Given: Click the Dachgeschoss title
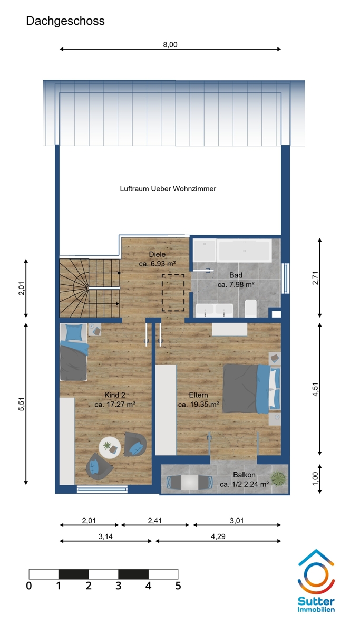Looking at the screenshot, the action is click(x=65, y=21).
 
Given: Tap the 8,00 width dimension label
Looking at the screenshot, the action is click(x=170, y=45).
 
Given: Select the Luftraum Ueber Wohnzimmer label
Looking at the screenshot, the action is click(x=168, y=189).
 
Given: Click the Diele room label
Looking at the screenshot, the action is click(x=157, y=254).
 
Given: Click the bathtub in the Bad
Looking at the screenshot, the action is click(x=244, y=250).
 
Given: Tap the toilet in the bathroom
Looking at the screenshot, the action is click(x=250, y=309).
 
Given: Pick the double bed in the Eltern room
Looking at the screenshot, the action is click(x=251, y=389).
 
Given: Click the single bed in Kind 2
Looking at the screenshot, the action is click(x=73, y=352).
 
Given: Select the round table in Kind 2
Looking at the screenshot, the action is click(x=110, y=447).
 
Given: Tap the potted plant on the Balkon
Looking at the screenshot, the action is click(x=278, y=479).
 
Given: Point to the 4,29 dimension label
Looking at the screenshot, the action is click(x=218, y=536).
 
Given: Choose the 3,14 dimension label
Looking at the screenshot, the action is click(x=105, y=536).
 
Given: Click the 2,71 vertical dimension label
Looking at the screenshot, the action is click(x=315, y=278).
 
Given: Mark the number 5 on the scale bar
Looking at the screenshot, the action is click(x=178, y=586).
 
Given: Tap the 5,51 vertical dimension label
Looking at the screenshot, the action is click(x=22, y=404).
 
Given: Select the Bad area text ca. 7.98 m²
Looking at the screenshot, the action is click(x=236, y=284).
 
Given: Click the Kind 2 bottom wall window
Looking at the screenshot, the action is click(x=102, y=490).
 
